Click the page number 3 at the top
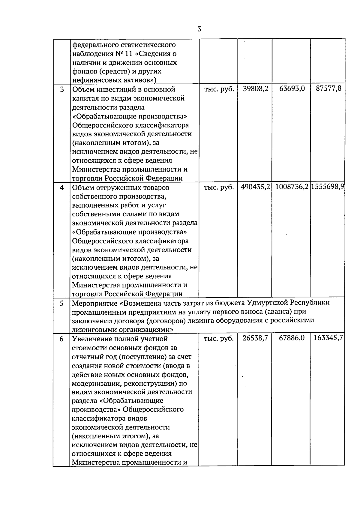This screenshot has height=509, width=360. click(199, 29)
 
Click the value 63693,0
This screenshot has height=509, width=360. click(292, 89)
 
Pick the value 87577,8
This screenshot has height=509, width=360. click(328, 89)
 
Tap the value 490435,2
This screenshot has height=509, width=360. click(255, 187)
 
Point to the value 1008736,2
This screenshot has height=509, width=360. click(292, 187)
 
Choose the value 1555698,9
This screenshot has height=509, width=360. click(328, 187)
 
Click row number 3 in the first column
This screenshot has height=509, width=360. click(62, 89)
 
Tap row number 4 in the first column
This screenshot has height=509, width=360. click(62, 188)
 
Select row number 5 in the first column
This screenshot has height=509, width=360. click(62, 303)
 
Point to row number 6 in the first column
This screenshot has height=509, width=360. click(62, 339)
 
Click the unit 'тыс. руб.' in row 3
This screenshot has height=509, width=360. click(219, 89)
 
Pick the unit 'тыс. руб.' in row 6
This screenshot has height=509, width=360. click(219, 339)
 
